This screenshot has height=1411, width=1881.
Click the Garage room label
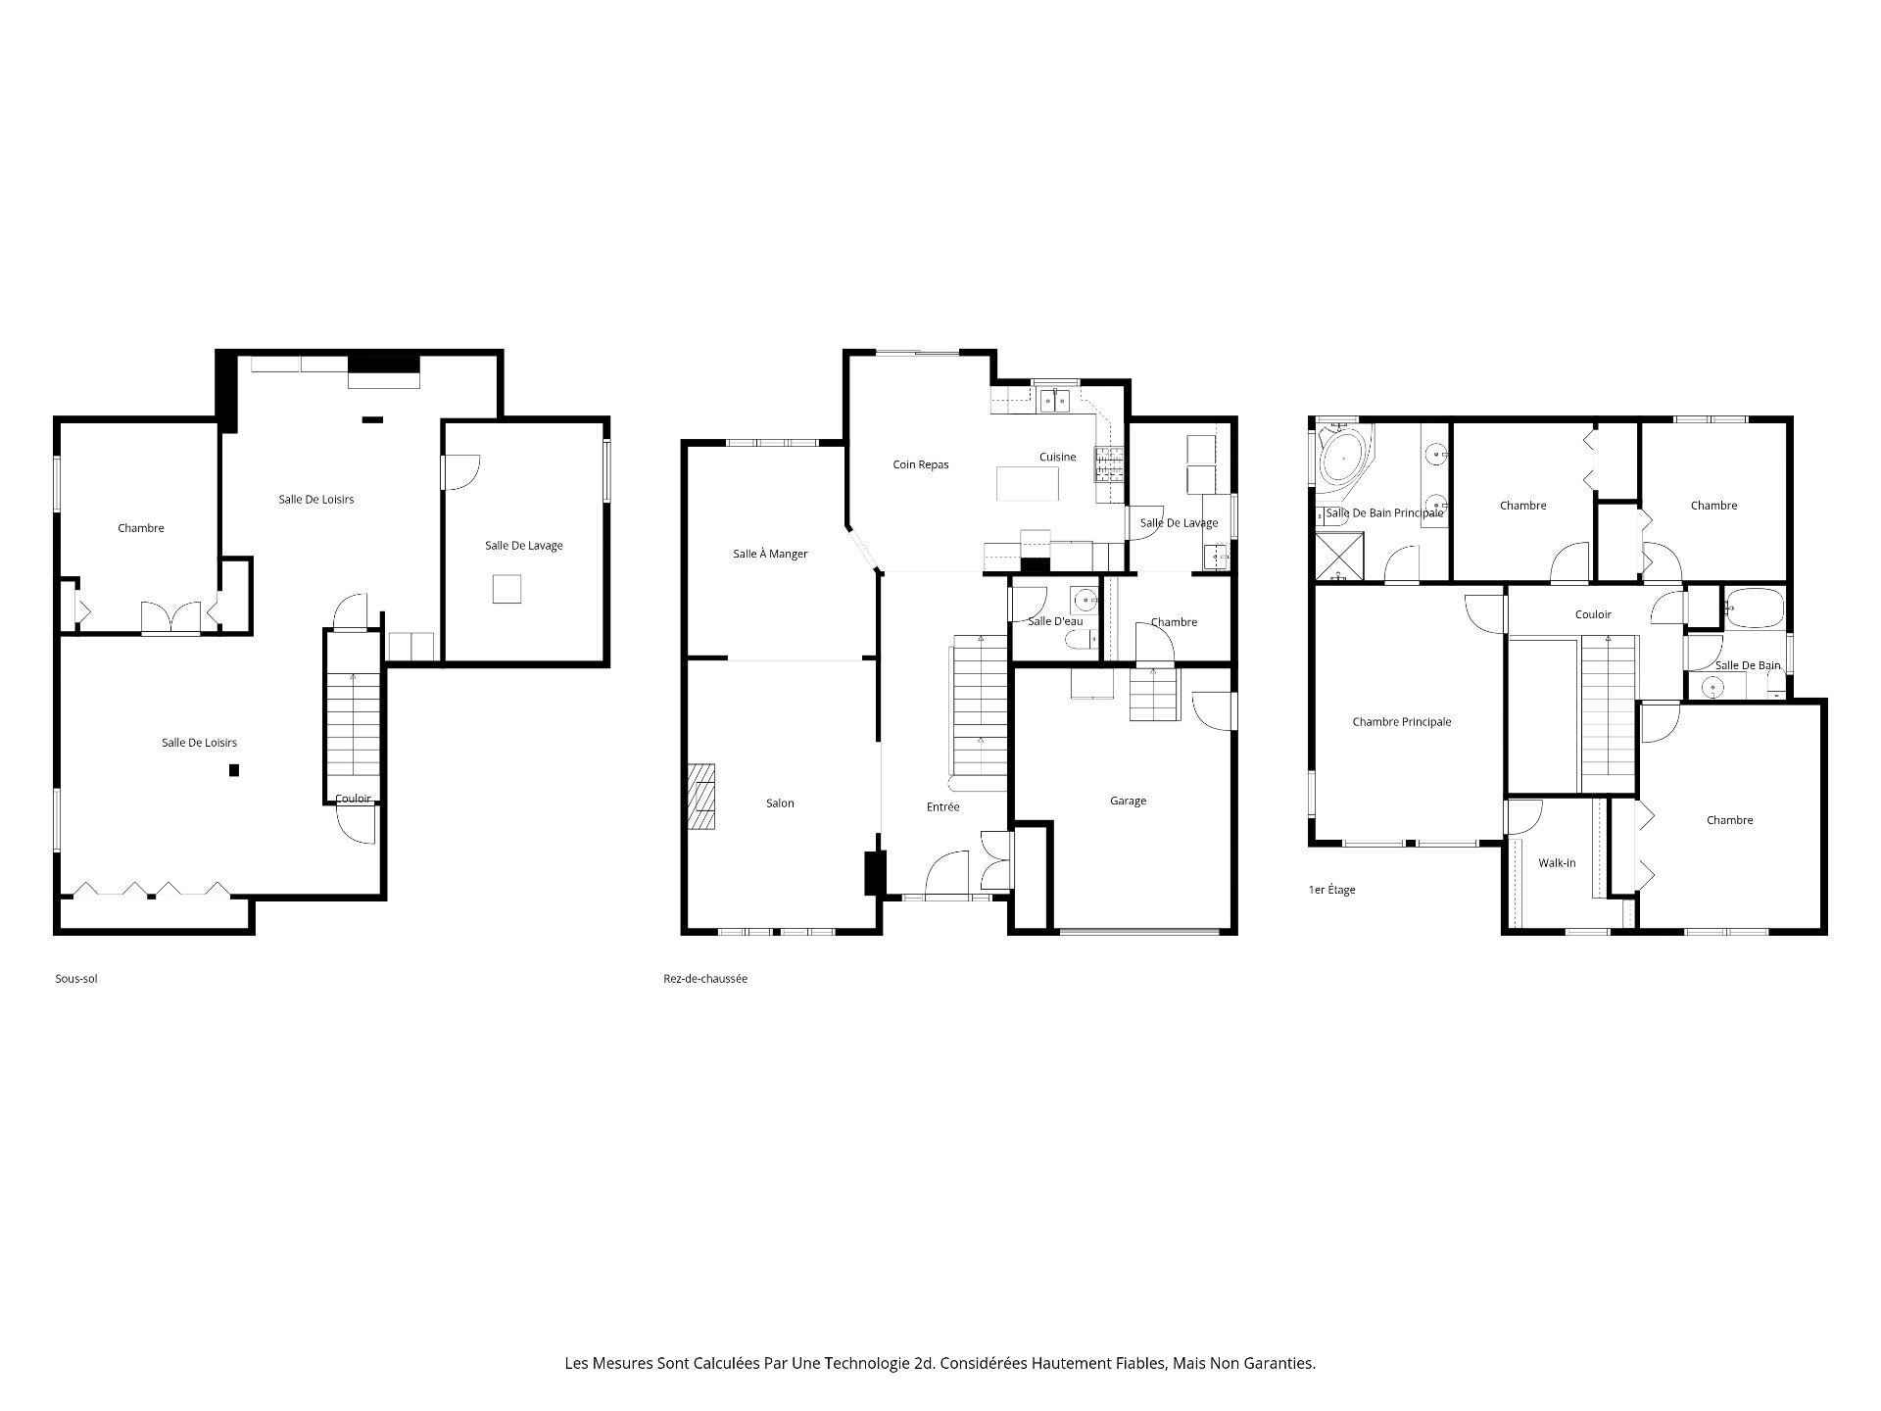(1128, 801)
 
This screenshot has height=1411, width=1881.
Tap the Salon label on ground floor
(780, 803)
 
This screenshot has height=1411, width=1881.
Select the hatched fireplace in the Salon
(701, 797)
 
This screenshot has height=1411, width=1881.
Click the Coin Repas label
(920, 464)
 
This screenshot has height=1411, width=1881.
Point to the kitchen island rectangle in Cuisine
(1028, 483)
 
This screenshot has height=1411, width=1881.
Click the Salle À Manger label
(770, 554)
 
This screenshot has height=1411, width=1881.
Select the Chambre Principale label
(1401, 722)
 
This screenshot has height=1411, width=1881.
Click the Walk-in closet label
(1557, 863)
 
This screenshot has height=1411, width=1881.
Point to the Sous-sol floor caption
(76, 979)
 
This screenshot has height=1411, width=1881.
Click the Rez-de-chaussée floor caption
(704, 979)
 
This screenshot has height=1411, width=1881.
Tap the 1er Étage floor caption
(1331, 890)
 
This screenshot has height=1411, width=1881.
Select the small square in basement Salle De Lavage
(506, 589)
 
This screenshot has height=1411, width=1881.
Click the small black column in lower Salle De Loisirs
(234, 770)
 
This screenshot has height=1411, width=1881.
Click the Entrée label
(942, 807)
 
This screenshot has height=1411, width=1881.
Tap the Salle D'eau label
(1055, 621)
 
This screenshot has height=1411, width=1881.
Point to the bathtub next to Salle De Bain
(1753, 608)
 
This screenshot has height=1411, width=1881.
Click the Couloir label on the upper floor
(1593, 614)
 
